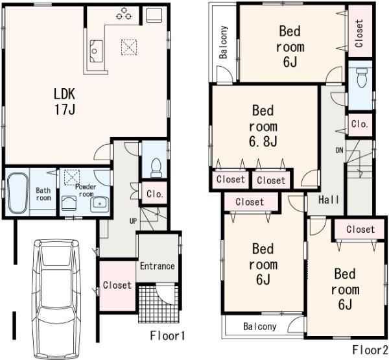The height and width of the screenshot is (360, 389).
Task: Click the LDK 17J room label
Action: coord(65,101)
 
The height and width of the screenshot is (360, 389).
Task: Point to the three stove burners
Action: coord(124,14)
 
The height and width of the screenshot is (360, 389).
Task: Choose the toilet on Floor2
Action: coord(362,79)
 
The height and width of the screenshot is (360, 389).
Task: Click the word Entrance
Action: coord(157,266)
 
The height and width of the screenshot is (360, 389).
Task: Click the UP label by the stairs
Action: coord(132,221)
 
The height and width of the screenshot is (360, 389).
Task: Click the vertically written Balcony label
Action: coord(223,43)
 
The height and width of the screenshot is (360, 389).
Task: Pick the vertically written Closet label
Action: coord(359,32)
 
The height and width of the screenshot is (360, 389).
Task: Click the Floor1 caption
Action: coord(168,336)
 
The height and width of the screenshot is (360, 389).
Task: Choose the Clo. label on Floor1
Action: coord(154,193)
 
